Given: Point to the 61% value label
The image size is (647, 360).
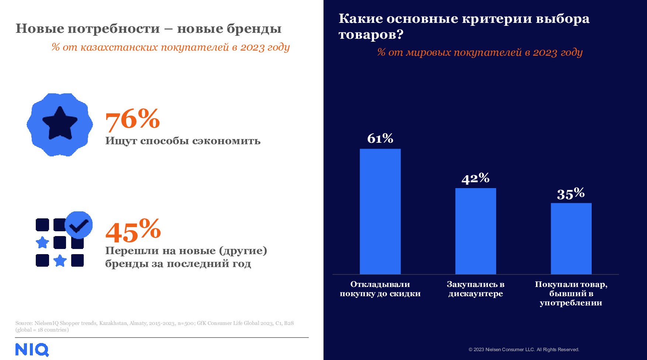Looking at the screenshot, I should (380, 139).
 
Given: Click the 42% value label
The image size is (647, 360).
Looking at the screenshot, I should (475, 179).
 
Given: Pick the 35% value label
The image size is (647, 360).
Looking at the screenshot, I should (571, 194).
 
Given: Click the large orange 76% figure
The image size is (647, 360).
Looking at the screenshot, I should (132, 120).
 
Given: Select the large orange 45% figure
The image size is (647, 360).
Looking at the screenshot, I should (133, 231).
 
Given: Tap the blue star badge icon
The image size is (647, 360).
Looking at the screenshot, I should (60, 124).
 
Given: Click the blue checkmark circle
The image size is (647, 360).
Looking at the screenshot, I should (79, 225).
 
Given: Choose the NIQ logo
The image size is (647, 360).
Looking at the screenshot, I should (32, 350).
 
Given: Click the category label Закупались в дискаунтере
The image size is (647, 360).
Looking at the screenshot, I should (475, 289).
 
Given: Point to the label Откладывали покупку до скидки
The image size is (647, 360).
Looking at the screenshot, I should (380, 289).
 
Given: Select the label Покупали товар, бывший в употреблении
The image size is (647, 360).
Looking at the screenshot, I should (571, 293).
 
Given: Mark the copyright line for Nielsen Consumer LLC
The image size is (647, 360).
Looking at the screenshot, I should (524, 349).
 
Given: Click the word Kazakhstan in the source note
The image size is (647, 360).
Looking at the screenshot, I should (113, 323).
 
